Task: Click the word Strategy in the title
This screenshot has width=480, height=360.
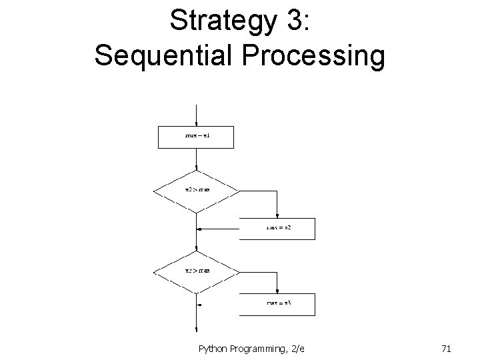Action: coord(217,21)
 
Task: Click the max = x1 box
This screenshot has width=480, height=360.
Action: coord(197,137)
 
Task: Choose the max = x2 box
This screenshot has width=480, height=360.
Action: coord(277,229)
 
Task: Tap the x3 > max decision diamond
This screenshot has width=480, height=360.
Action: coord(197,271)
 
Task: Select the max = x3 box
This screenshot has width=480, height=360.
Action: coord(277,303)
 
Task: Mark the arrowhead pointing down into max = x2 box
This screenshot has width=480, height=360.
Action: coord(277,215)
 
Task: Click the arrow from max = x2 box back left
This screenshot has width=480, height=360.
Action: coord(217,229)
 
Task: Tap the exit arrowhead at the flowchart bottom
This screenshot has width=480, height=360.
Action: coord(197,329)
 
